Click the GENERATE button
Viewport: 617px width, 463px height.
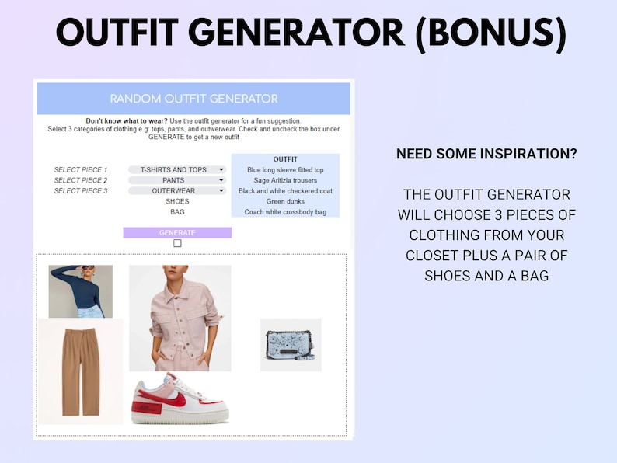coord(177,232)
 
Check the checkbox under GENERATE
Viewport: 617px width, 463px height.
coord(177,243)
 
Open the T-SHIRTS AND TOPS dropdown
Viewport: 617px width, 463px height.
coord(177,169)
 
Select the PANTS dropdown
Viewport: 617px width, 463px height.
coord(177,180)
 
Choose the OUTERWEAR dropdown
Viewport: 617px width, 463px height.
coord(177,190)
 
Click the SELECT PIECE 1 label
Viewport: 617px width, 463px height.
coord(80,169)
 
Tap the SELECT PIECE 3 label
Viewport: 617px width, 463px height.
coord(80,190)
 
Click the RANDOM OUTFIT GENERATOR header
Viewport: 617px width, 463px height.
coord(193,99)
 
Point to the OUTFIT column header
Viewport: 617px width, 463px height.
coord(285,159)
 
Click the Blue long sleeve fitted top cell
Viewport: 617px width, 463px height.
coord(285,169)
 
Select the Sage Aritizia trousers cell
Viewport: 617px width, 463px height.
coord(285,180)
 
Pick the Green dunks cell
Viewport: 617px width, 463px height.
coord(285,201)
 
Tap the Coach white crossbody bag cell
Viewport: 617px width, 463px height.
coord(285,212)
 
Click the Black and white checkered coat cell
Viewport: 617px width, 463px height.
coord(285,190)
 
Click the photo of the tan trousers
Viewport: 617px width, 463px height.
coord(80,371)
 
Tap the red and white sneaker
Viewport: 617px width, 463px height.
coord(180,399)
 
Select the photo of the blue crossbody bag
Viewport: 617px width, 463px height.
coord(291,345)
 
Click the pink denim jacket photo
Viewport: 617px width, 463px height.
coord(180,318)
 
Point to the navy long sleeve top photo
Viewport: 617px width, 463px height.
coord(81,291)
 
